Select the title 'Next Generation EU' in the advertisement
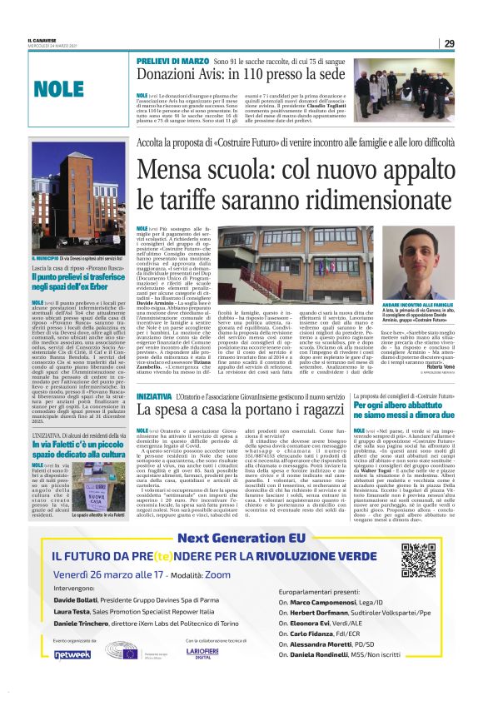tap(242, 539)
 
